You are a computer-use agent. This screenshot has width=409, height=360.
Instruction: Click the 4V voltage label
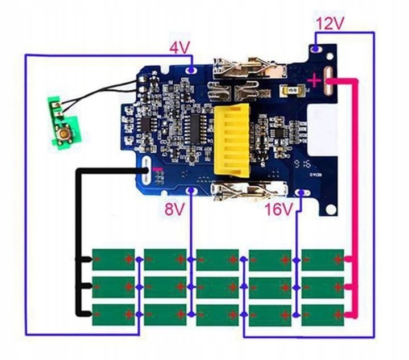point(179,49)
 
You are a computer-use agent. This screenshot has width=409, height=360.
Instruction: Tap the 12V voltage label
point(331,24)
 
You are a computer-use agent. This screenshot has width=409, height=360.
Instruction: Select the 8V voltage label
point(175,210)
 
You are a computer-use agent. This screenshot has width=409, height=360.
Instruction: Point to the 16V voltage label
point(278,210)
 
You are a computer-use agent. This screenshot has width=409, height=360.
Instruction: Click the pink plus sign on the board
point(314,81)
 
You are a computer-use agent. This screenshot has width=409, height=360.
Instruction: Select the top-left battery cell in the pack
point(114,259)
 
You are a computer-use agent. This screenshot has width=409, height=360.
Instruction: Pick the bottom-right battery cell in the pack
point(323,315)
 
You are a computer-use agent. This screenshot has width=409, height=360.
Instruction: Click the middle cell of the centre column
point(218,287)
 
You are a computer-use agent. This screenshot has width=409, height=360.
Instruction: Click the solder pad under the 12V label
point(316,49)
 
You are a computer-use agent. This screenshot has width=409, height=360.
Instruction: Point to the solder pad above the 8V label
point(191,191)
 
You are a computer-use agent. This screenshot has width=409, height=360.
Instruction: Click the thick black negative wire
point(80,238)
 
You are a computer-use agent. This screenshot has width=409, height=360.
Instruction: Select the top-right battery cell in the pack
point(323,259)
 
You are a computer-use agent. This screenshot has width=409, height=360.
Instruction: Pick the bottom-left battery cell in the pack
point(114,315)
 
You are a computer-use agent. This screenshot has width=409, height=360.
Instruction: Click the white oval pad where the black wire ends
point(147,170)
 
